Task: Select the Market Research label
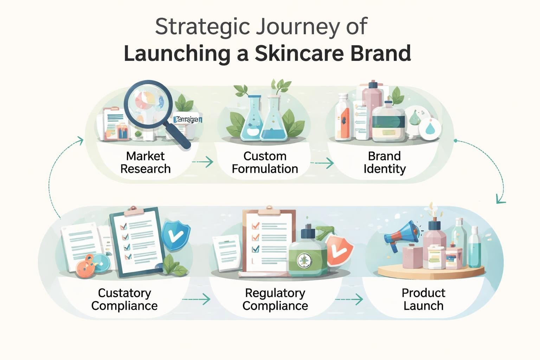(x=145, y=162)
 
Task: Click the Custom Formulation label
(x=265, y=162)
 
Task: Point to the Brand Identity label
(x=384, y=162)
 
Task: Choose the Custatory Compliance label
(x=124, y=299)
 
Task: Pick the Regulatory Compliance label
(x=275, y=299)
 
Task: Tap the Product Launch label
(x=423, y=299)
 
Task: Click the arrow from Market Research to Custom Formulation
(x=203, y=162)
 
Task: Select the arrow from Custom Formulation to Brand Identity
(x=322, y=163)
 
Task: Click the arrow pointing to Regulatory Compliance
(x=197, y=299)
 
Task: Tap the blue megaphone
(x=401, y=234)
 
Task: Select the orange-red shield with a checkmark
(x=340, y=250)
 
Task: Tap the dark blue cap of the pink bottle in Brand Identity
(x=373, y=84)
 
